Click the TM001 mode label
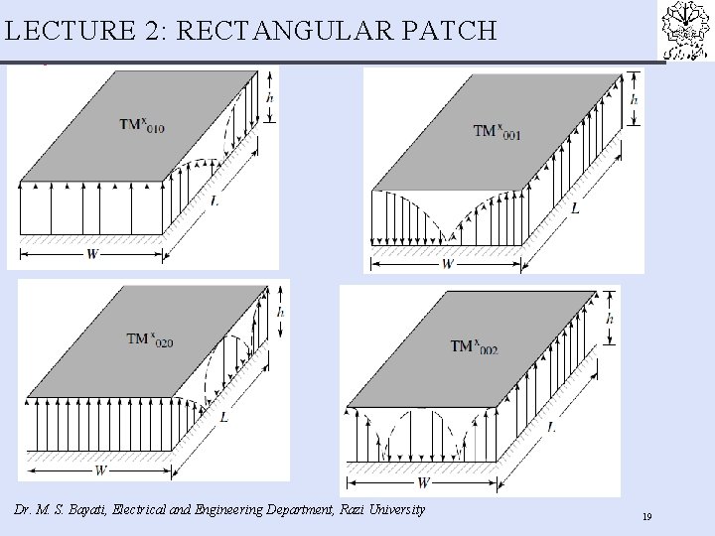[x=498, y=131]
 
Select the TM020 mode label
[x=150, y=339]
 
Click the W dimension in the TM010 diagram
[x=92, y=253]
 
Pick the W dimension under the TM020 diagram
[x=100, y=469]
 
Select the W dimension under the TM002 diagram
[x=423, y=483]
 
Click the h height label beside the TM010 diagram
[x=271, y=97]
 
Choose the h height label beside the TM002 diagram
[x=610, y=319]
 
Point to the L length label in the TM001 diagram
[x=576, y=208]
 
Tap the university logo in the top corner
[x=685, y=31]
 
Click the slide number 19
[x=646, y=517]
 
